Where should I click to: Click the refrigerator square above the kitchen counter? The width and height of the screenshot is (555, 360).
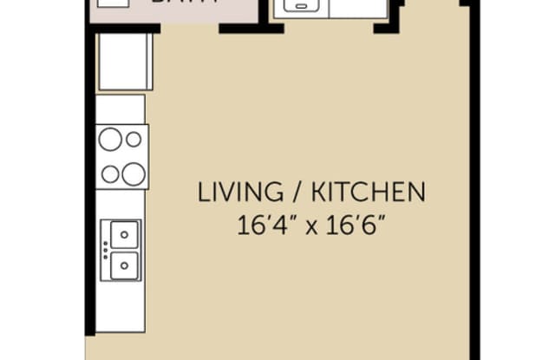pos(125,62)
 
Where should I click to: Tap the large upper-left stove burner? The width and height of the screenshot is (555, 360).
pos(111,139)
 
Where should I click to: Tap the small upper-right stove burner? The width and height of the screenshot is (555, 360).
pos(134,139)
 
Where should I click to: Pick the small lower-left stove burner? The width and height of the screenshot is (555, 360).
pos(110,173)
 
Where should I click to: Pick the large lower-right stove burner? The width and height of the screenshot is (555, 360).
pos(133,173)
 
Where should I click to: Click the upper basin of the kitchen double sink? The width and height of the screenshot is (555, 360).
pos(123,234)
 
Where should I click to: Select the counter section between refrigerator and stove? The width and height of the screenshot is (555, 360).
pos(120,109)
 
